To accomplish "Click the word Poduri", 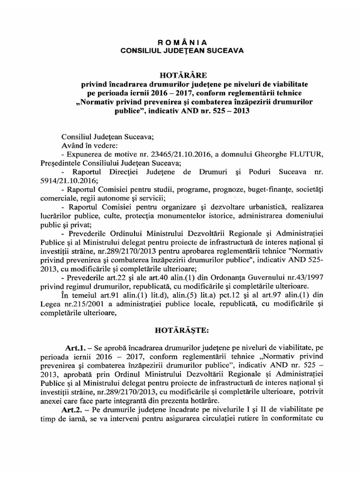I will pos(255,172).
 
